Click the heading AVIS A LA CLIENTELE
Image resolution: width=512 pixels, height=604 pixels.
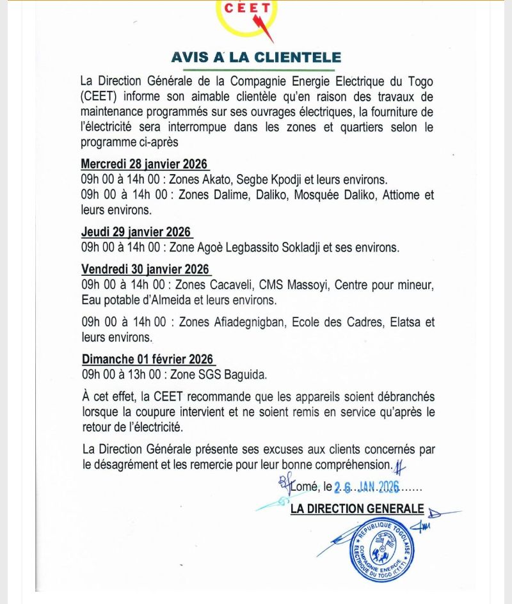(x=256, y=57)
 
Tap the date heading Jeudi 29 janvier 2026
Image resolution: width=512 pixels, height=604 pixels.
(x=136, y=232)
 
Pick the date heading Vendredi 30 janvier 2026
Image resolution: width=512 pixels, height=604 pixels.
(x=146, y=269)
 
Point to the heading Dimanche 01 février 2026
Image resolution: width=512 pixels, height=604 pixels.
(x=148, y=359)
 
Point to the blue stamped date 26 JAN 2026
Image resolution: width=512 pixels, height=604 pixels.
(x=367, y=487)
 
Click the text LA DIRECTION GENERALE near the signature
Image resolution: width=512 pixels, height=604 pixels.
(x=357, y=509)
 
